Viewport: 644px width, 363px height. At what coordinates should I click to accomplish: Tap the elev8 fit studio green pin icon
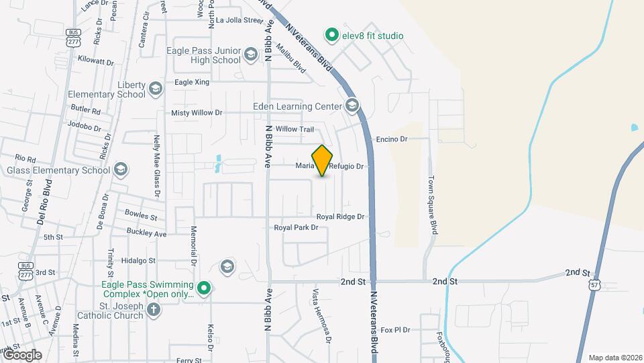tap(331, 34)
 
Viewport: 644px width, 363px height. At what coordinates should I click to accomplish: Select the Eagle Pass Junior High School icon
tap(251, 54)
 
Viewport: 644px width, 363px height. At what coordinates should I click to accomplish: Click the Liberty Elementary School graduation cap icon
tap(156, 89)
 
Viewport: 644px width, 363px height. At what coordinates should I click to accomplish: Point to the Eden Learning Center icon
tap(352, 106)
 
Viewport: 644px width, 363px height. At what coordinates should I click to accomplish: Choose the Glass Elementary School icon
tap(121, 169)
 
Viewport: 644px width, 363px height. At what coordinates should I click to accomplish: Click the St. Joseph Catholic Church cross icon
tap(154, 310)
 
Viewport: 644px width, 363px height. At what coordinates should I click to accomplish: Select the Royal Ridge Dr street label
tap(340, 216)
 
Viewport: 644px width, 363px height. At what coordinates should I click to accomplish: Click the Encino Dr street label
tap(392, 139)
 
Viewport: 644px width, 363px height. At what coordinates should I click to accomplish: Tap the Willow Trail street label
tap(294, 129)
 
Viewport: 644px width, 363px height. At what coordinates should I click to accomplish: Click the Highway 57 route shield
tap(594, 285)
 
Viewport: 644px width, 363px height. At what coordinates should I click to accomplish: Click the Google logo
tap(22, 354)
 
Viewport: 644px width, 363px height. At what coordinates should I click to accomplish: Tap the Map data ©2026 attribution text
tap(614, 358)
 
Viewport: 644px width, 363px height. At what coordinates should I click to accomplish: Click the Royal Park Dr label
tap(296, 228)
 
